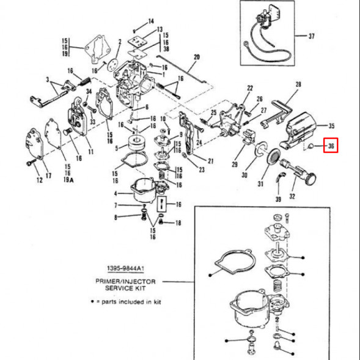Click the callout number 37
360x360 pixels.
coord(311,36)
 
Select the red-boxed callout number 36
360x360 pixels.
coord(331,146)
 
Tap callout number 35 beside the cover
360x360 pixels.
coord(331,126)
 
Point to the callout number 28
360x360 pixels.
coord(298,84)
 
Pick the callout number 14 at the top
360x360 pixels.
coord(151,21)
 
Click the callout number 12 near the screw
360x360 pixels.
coord(39,179)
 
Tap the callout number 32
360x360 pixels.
coord(292,196)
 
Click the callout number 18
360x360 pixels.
coord(178,223)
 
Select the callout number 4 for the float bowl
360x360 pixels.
coord(114,194)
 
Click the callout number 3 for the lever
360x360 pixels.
coord(47,79)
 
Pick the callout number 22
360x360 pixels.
coord(249,88)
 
